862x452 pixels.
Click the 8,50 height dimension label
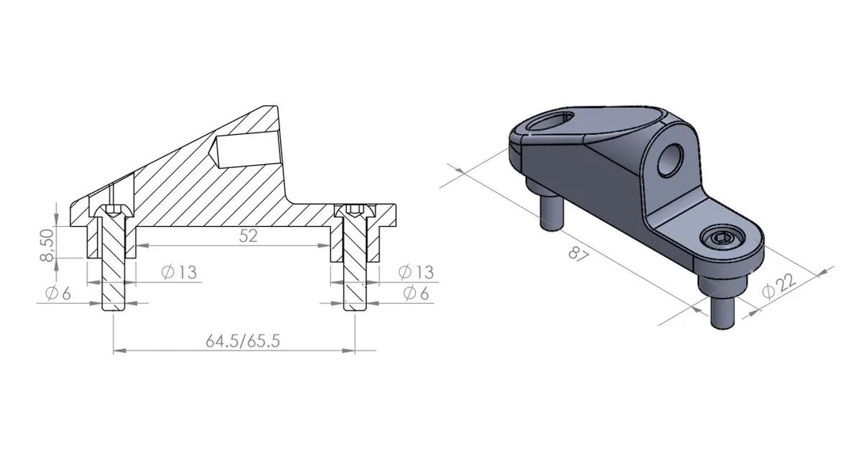(x=48, y=246)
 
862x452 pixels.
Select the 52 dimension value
(x=248, y=236)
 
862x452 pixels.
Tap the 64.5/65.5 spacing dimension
(x=243, y=341)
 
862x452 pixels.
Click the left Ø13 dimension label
(x=179, y=272)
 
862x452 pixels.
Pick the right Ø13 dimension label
(x=416, y=272)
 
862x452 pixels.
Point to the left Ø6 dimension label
(x=59, y=293)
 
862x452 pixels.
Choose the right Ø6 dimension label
(x=416, y=293)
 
